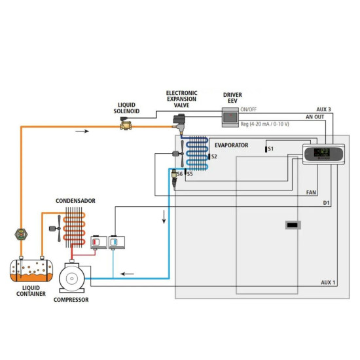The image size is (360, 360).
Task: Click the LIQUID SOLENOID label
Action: pyautogui.click(x=127, y=107)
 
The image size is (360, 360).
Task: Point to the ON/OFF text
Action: pyautogui.click(x=248, y=109)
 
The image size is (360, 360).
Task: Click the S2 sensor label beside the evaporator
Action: pyautogui.click(x=213, y=157)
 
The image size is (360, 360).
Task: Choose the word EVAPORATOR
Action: pyautogui.click(x=231, y=145)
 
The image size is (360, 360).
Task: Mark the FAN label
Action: pyautogui.click(x=312, y=193)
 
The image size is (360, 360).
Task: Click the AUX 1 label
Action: pyautogui.click(x=327, y=282)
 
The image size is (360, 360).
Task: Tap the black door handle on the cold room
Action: pyautogui.click(x=293, y=225)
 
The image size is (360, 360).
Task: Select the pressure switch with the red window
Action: pyautogui.click(x=98, y=243)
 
